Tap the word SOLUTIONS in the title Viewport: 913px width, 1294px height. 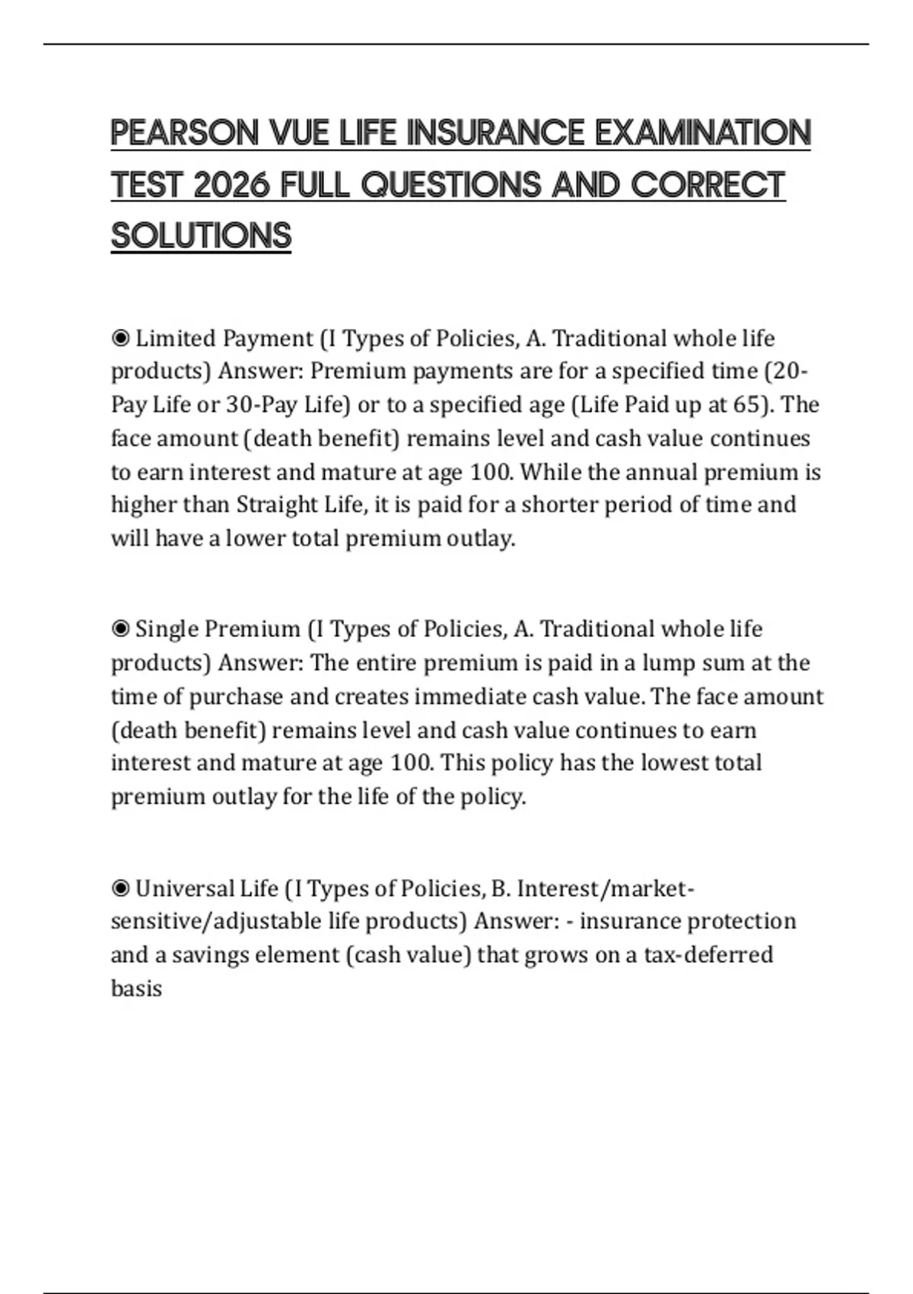click(x=201, y=236)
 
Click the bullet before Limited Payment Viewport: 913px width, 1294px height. click(x=120, y=338)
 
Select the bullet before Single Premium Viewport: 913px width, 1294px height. click(x=120, y=629)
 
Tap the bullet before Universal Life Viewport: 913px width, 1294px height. click(x=120, y=888)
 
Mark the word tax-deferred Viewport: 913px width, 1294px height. click(x=708, y=955)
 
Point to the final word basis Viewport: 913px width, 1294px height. click(x=136, y=989)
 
